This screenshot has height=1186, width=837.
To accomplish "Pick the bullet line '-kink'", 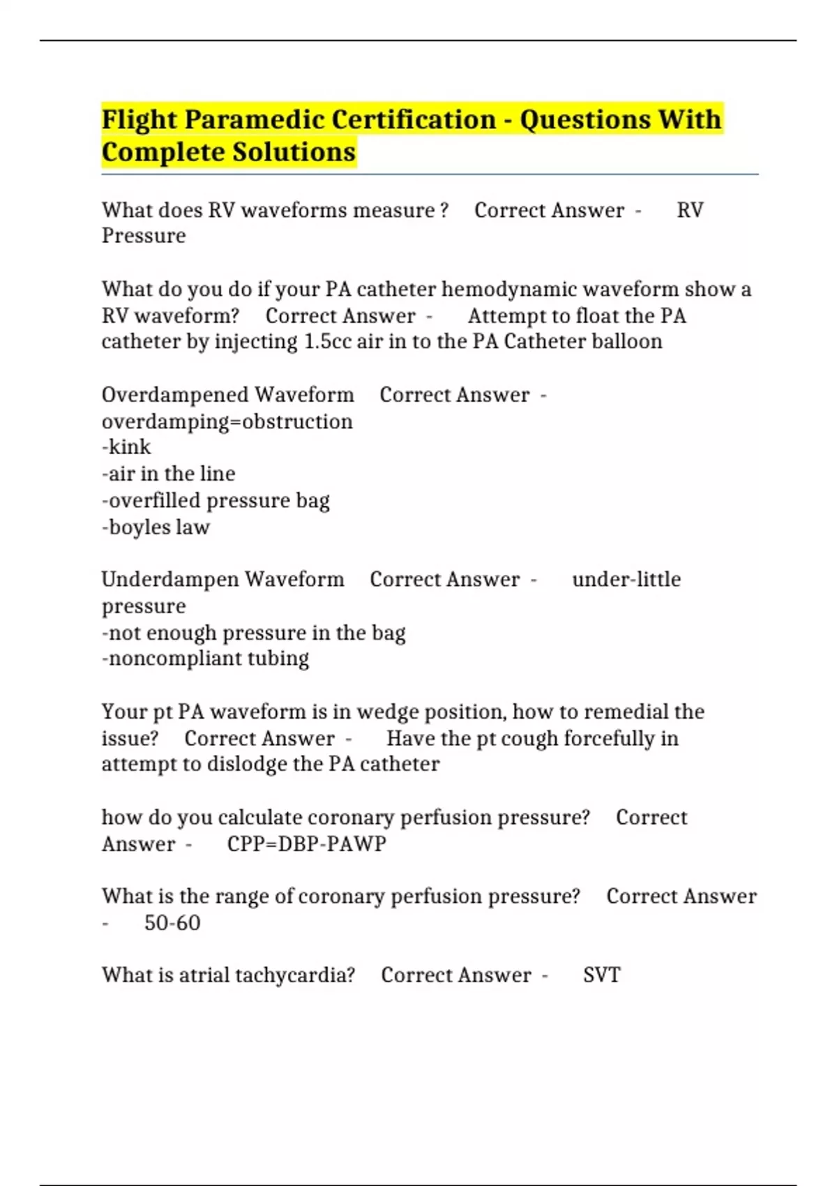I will coord(126,447).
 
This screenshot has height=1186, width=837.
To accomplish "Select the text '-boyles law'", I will coord(156,527).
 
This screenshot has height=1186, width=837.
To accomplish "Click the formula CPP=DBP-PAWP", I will coord(307,844).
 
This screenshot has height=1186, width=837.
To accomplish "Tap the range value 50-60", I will coord(172,923).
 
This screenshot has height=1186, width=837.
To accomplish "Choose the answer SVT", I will coord(601,975).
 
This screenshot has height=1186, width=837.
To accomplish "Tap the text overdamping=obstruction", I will coord(227,422).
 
